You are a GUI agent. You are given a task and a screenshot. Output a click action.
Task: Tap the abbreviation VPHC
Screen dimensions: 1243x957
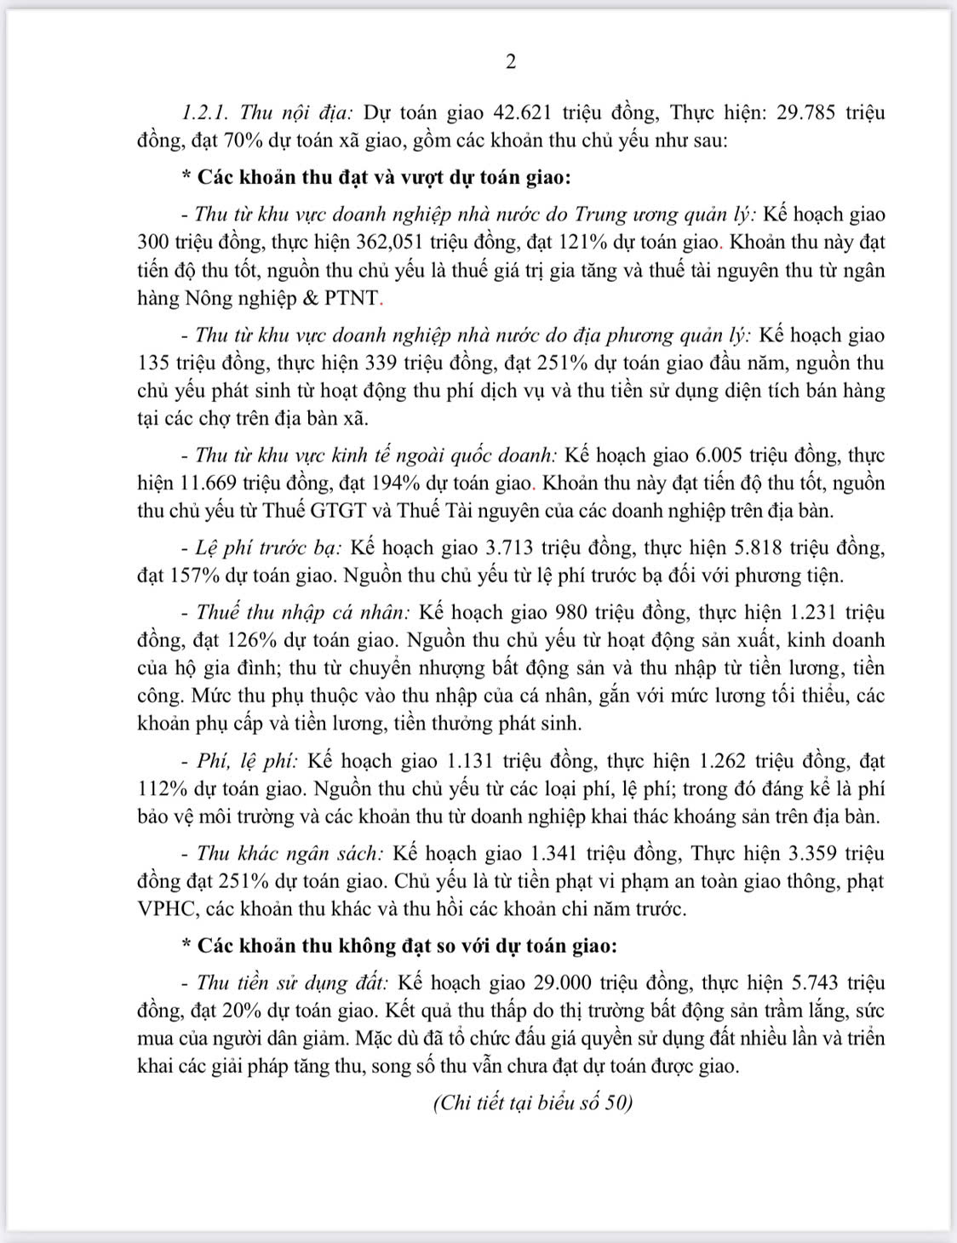(166, 908)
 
